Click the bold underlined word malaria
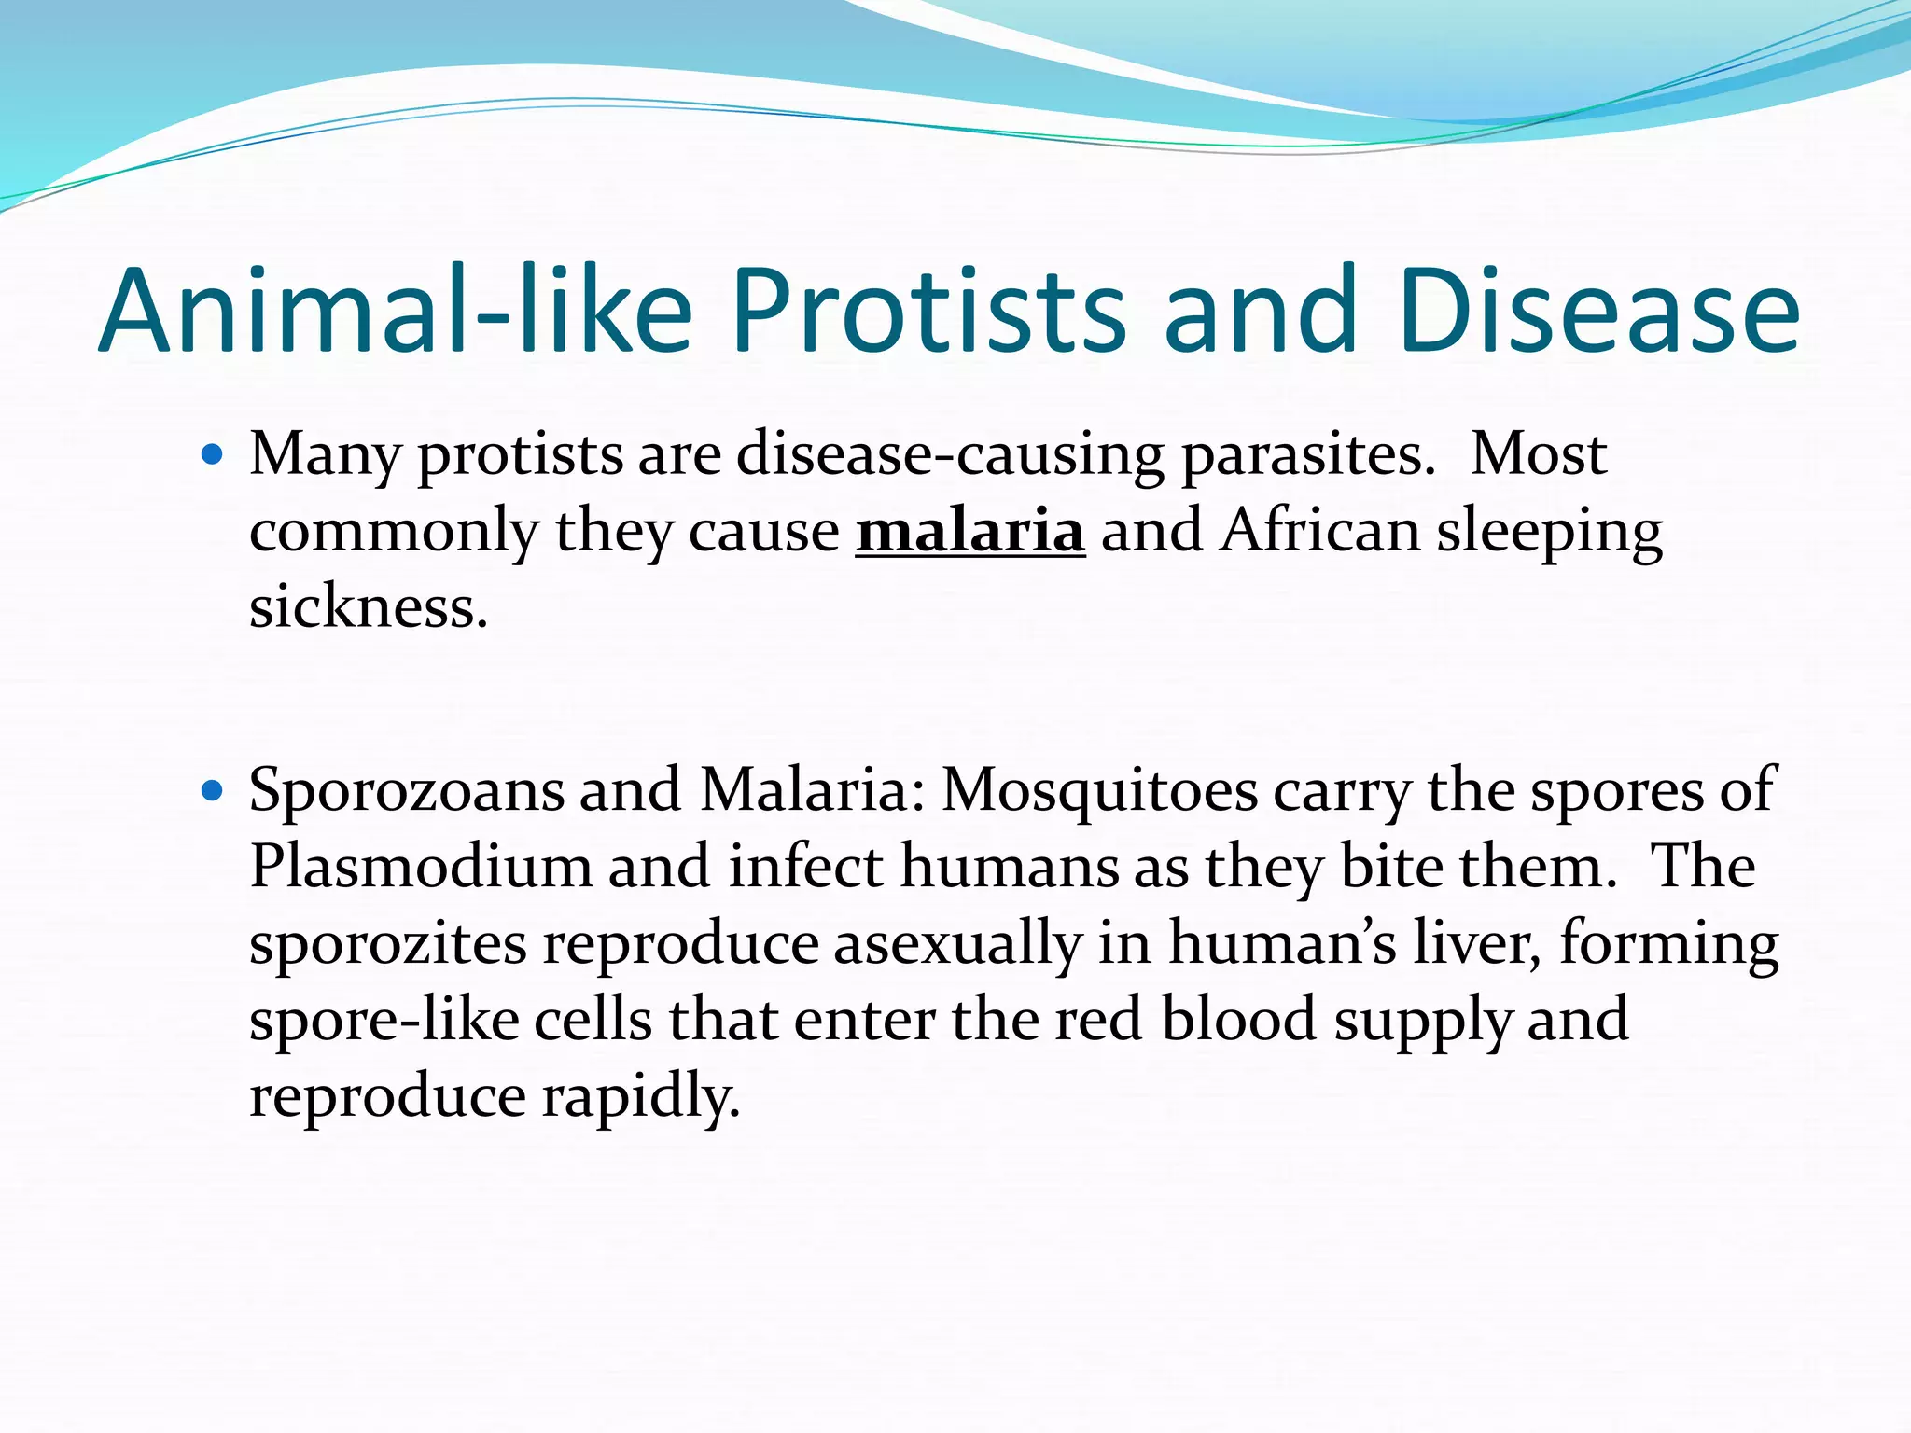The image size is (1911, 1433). [970, 532]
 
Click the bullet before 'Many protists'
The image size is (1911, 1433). [213, 455]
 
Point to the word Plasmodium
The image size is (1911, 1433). [421, 867]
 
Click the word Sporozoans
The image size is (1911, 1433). [406, 790]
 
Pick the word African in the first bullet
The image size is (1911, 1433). [1319, 532]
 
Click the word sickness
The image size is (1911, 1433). [368, 608]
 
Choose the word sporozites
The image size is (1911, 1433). [387, 943]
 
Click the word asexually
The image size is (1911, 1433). [956, 943]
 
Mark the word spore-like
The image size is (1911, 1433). [384, 1020]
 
